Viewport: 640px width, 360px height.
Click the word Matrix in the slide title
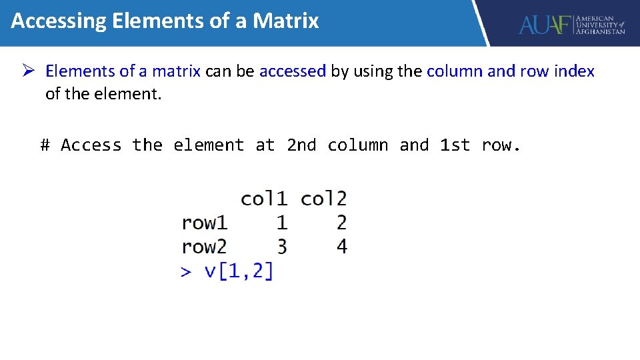(285, 21)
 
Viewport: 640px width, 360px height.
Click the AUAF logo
(571, 25)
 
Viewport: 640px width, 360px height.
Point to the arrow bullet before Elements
(29, 71)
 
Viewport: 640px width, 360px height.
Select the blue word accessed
(292, 71)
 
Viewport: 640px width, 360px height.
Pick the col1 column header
(264, 199)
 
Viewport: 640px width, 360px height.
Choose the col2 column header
(323, 199)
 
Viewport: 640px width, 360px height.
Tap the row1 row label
(204, 223)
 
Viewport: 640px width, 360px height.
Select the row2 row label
(204, 247)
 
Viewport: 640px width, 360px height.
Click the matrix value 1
(282, 223)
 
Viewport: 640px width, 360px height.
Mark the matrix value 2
(341, 223)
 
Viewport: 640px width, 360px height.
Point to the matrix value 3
(282, 247)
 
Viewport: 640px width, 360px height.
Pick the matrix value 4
(341, 247)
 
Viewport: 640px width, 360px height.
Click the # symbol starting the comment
(45, 145)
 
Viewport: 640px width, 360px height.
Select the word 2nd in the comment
(301, 145)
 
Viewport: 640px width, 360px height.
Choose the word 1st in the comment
(455, 145)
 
